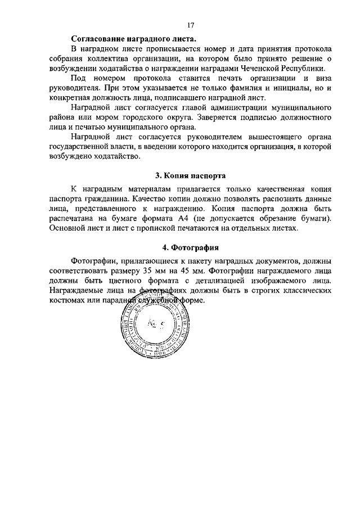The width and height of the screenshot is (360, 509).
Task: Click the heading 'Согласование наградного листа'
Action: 134,39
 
